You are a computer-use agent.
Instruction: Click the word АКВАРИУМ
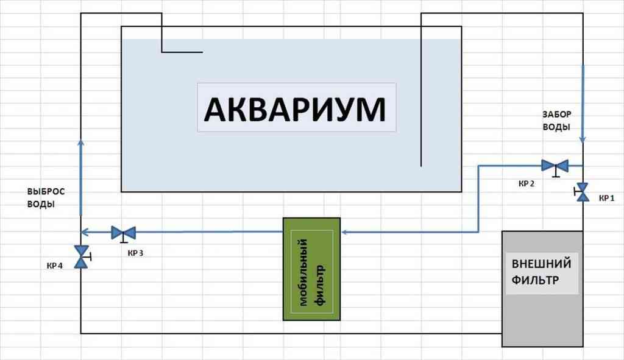pos(295,110)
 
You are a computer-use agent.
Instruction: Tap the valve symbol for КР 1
pos(583,192)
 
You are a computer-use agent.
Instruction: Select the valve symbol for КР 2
pos(555,166)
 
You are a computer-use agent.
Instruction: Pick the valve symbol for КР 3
pos(123,232)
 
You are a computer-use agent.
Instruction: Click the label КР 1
pos(607,198)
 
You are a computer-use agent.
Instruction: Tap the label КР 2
pos(527,183)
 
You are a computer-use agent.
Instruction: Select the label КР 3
pos(135,253)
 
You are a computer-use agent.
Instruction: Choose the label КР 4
pos(55,265)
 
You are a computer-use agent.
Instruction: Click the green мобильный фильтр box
pos(311,269)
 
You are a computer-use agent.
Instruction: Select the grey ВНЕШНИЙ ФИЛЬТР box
pos(542,289)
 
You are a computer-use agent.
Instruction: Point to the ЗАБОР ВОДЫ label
pos(557,121)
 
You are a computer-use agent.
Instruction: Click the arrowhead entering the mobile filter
pos(344,232)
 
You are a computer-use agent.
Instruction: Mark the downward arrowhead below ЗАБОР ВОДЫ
pos(583,139)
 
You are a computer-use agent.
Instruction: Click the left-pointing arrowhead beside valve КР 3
pos(85,232)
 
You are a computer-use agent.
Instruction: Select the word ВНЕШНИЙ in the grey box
pos(541,264)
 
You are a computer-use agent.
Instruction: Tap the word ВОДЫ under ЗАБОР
pos(557,127)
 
